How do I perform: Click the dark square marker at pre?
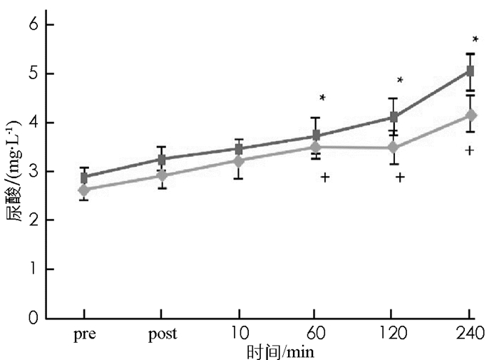(84, 178)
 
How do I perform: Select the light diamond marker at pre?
(84, 190)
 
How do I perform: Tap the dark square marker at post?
(162, 160)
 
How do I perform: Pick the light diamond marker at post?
(162, 175)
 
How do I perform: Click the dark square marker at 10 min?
(239, 149)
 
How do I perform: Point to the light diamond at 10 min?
(239, 161)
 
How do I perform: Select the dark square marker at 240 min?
(470, 71)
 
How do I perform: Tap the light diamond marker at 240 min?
(470, 115)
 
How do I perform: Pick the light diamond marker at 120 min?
(393, 148)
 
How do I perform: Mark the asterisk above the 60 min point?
(322, 98)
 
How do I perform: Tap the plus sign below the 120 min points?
(399, 177)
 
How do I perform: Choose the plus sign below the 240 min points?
(469, 150)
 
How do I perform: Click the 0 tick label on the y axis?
(32, 319)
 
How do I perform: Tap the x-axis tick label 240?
(470, 334)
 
